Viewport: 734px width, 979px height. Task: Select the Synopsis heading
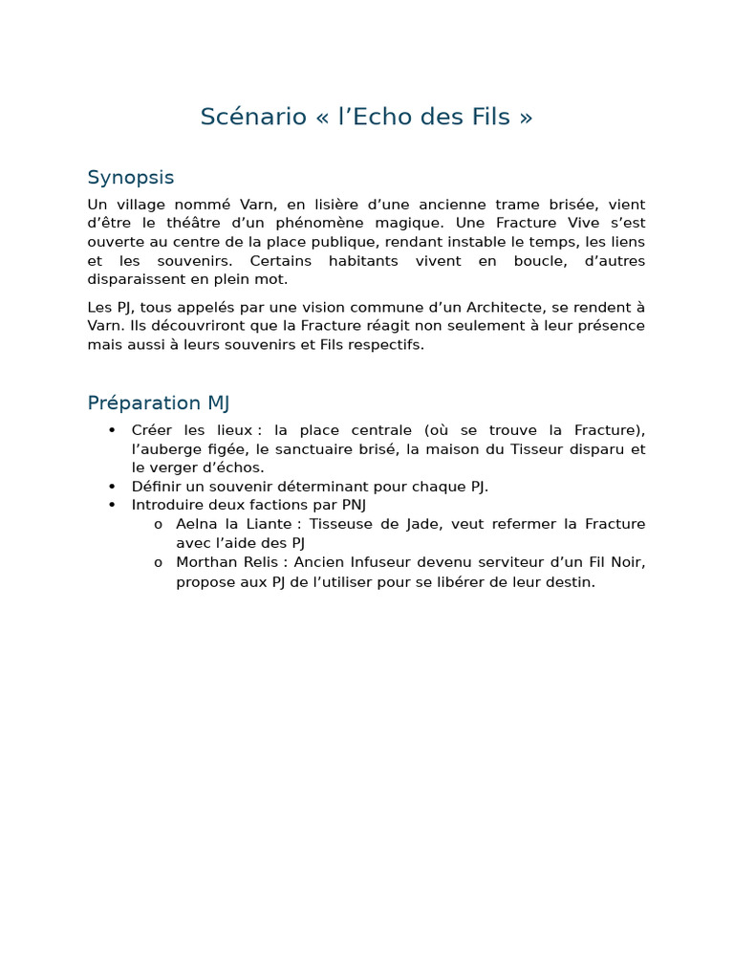pyautogui.click(x=130, y=178)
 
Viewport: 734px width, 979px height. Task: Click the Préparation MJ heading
pyautogui.click(x=158, y=402)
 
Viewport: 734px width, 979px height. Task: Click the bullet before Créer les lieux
pyautogui.click(x=113, y=430)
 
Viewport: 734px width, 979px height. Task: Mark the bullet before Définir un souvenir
pyautogui.click(x=113, y=487)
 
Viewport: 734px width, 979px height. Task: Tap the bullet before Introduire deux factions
pyautogui.click(x=113, y=505)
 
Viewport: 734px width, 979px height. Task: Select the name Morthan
pyautogui.click(x=205, y=562)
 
